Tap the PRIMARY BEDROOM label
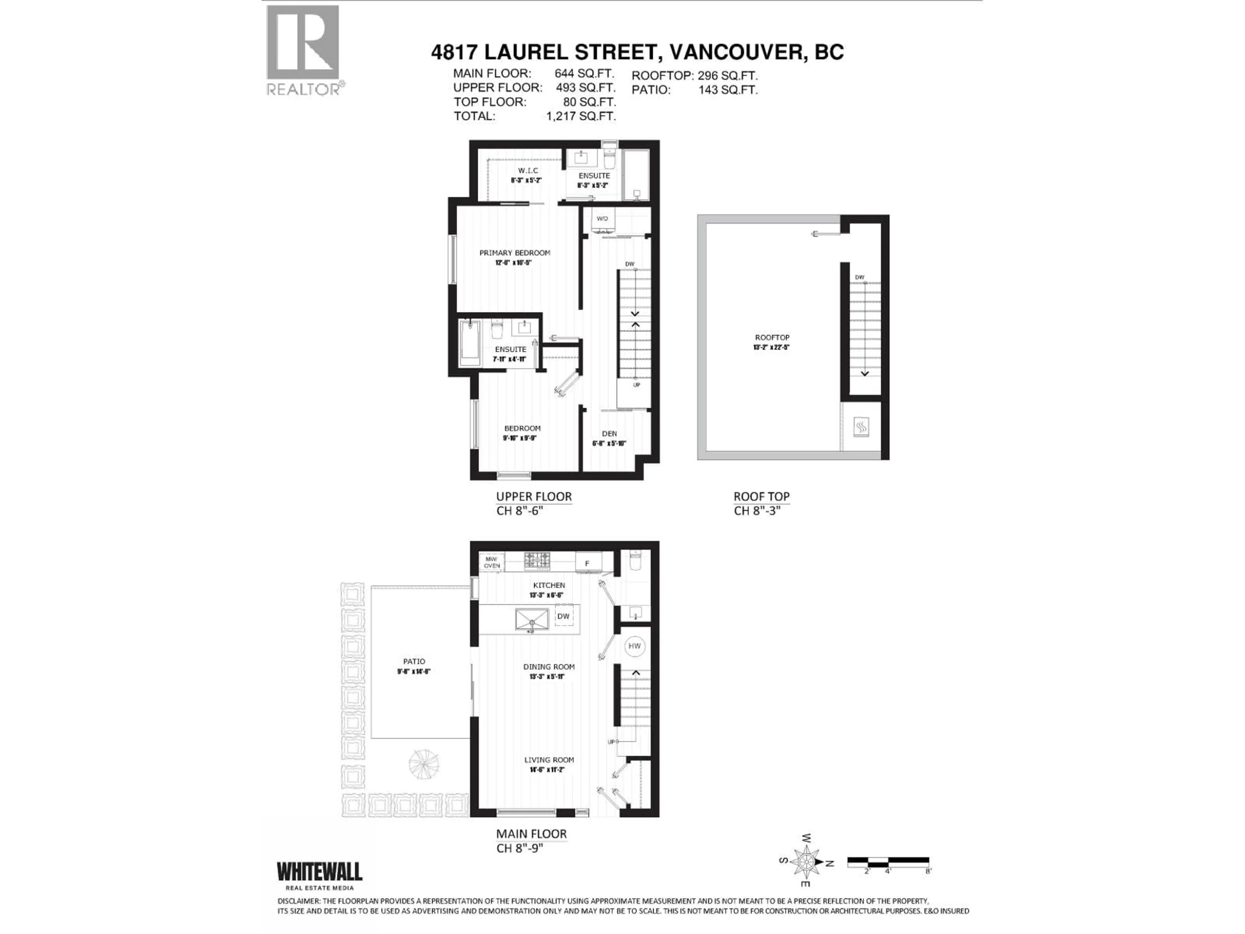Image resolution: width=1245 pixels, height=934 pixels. pyautogui.click(x=515, y=253)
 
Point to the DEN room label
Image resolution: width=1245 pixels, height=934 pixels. pyautogui.click(x=609, y=434)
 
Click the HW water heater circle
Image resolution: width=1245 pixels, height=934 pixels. pyautogui.click(x=634, y=646)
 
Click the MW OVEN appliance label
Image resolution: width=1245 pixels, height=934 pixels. pyautogui.click(x=492, y=562)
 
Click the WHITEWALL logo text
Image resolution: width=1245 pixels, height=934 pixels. pyautogui.click(x=319, y=872)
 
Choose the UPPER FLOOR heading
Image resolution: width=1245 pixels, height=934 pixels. pyautogui.click(x=534, y=497)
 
